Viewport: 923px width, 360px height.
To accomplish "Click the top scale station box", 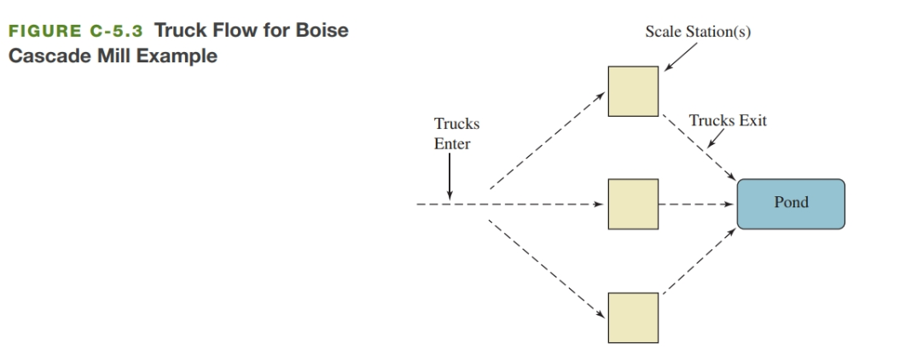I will (x=633, y=91).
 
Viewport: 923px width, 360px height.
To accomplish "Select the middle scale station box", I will (x=633, y=205).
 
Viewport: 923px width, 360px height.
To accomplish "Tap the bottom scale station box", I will (x=633, y=317).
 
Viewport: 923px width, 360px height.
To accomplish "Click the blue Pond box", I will (x=790, y=204).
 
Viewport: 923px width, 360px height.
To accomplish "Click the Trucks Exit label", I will (x=729, y=121).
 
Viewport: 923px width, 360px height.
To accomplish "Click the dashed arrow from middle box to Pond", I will (x=695, y=205).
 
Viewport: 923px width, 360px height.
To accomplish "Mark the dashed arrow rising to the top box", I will (x=546, y=140).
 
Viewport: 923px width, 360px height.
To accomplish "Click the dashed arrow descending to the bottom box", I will (x=546, y=268).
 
